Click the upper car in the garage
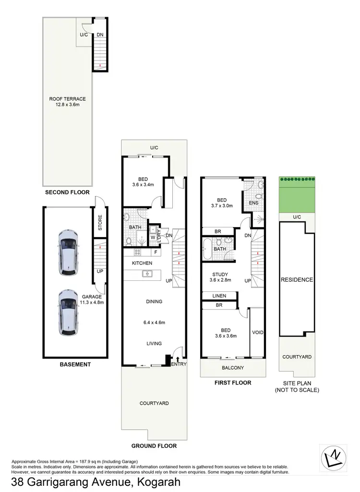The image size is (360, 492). coord(67,252)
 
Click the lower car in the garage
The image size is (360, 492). coord(67,312)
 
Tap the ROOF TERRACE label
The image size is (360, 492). coord(67,99)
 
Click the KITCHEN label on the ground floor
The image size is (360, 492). coord(142,263)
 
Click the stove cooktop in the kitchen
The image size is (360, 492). coord(137,252)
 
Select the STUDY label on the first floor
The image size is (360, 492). coord(220,275)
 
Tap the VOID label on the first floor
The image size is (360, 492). coord(258,333)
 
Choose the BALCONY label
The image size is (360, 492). coord(233,368)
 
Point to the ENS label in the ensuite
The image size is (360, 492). coord(253,203)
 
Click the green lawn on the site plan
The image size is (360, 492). coord(297,197)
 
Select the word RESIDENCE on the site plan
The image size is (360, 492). coord(297,280)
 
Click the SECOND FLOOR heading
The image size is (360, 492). coord(67,192)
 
